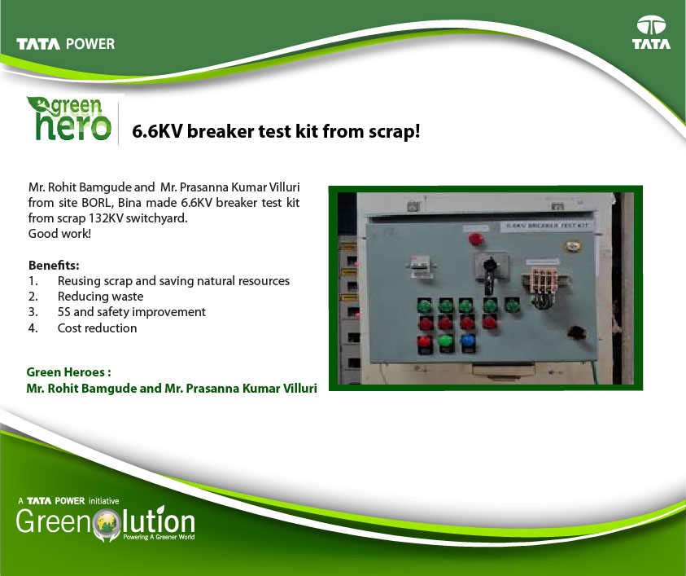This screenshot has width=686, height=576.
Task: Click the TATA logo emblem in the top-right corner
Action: [651, 25]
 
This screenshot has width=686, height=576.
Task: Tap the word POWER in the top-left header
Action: [90, 44]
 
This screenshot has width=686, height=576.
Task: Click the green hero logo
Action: [69, 118]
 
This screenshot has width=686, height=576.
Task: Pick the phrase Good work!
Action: [59, 234]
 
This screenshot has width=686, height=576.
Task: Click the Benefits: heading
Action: [54, 266]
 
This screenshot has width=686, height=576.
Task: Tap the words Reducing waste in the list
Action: [100, 297]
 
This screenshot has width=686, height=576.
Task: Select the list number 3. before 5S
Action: [33, 312]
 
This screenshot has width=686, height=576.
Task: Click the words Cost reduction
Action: [97, 328]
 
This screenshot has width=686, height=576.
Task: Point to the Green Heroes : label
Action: [68, 372]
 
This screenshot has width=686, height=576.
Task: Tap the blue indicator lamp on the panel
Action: [468, 341]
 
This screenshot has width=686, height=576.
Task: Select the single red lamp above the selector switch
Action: [475, 240]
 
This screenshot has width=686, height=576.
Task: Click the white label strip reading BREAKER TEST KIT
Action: [545, 226]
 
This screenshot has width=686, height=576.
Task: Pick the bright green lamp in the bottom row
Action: [445, 341]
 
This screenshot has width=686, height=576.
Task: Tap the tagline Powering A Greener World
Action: [159, 537]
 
